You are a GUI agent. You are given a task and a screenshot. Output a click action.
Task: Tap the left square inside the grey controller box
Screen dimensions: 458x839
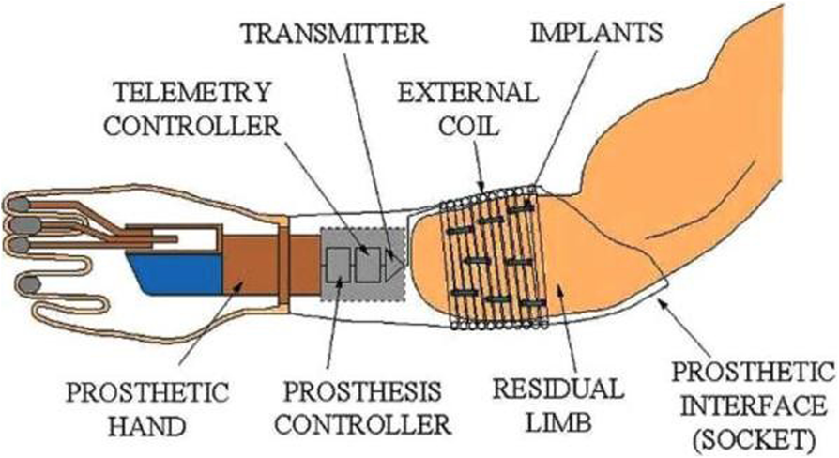click(337, 267)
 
